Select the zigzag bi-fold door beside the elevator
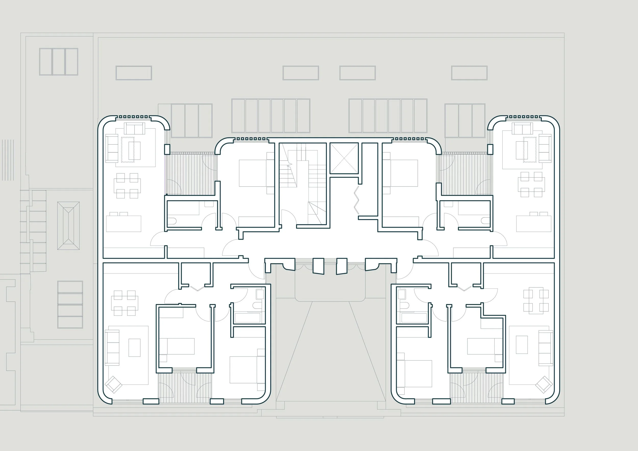[357, 200]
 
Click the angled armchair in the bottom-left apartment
[114, 385]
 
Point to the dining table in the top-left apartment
[127, 186]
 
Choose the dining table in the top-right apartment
[531, 185]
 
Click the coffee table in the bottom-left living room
[134, 347]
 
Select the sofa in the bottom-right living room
[545, 348]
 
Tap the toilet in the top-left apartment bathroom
[172, 222]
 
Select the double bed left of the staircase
[253, 173]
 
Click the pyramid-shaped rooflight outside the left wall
[68, 226]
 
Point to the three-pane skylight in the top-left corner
[59, 62]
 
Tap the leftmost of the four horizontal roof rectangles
[134, 73]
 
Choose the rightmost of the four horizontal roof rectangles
[469, 73]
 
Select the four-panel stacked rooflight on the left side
[70, 304]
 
